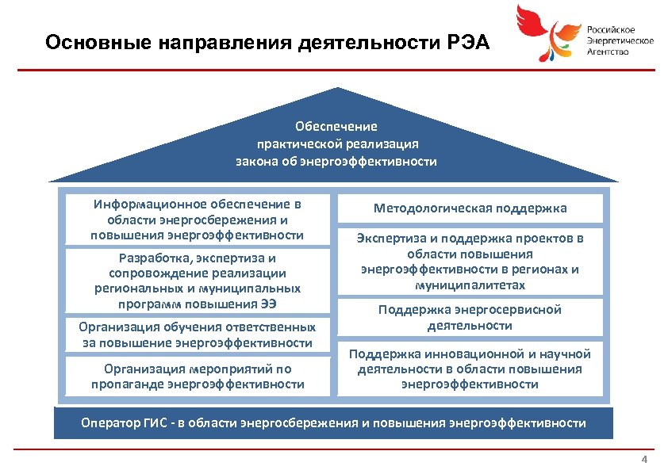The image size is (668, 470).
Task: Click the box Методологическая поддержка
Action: pos(470,208)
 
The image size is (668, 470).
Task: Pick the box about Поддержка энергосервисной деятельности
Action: pos(470,317)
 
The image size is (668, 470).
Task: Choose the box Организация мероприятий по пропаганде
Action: pos(197,376)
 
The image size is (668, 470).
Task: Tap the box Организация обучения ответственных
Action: pos(197,334)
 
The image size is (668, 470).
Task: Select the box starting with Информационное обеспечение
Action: pos(197,219)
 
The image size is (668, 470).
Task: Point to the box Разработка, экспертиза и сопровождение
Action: pos(197,281)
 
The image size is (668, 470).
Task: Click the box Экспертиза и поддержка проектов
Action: pos(470,262)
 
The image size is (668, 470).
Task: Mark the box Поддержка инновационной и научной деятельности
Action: pos(470,369)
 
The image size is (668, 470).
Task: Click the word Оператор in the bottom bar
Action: pos(107,422)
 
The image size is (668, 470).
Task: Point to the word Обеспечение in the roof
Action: pos(336,127)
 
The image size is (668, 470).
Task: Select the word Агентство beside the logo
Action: pos(608,52)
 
